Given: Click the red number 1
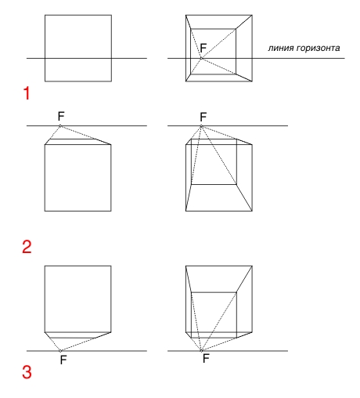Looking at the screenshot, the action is tap(27, 93).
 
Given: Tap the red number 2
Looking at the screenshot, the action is tap(27, 247).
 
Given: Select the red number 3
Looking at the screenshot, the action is tap(27, 372).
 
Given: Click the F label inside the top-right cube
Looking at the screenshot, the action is tap(203, 48).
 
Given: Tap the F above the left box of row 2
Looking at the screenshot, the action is tap(61, 116).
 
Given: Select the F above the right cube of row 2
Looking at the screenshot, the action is tap(203, 117).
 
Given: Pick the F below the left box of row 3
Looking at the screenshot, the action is tap(63, 360).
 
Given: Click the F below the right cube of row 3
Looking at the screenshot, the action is tap(206, 358).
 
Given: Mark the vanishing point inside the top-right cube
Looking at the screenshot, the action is tap(201, 58).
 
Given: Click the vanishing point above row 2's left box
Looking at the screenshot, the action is tap(60, 125).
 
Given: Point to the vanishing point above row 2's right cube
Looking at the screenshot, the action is tap(201, 126).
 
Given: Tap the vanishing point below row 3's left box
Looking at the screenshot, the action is tap(60, 351).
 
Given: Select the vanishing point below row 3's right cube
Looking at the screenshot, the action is tap(201, 351).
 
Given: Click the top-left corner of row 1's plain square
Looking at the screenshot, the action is tap(45, 15).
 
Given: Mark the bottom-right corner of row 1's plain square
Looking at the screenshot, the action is tap(112, 81).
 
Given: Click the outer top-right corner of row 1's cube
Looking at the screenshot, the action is tap(252, 15).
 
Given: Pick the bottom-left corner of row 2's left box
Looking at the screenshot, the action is tap(45, 211).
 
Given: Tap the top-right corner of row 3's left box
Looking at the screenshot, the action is tap(111, 266).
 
